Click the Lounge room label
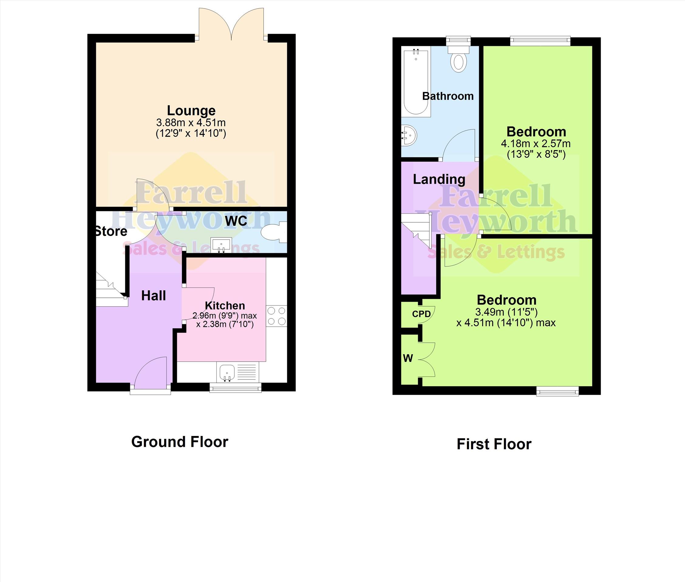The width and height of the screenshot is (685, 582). pos(191,111)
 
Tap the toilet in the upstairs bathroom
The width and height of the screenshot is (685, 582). pos(458,59)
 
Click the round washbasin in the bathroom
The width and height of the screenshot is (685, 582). pos(409,136)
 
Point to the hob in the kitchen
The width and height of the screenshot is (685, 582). pos(277,316)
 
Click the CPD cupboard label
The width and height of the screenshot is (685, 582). pos(421,314)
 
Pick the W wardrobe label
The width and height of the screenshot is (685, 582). pos(408,358)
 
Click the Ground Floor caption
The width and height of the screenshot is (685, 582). pos(179,442)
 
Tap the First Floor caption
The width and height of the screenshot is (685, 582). pos(494,444)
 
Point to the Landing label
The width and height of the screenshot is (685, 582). pos(439,179)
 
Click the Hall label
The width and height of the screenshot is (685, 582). pos(153,296)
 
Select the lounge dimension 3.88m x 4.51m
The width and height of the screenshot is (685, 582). pos(191,123)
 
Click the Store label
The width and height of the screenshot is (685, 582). pos(111,231)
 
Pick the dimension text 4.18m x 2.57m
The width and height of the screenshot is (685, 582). pos(536,144)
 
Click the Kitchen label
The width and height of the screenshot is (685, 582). pos(225,305)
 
